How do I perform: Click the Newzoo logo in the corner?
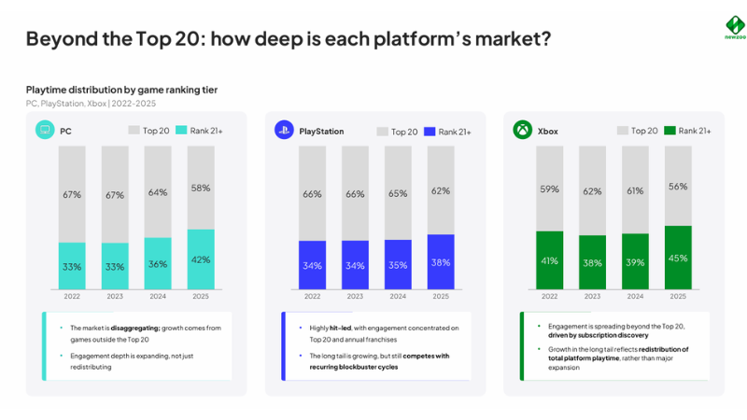735,27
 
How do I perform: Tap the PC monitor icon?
45,130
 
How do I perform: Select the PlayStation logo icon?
284,130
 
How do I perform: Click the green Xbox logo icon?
523,130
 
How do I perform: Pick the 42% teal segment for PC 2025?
201,259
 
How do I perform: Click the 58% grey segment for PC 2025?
201,188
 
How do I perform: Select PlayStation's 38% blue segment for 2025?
441,262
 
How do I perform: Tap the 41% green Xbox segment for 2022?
549,260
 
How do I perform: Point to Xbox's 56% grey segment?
678,186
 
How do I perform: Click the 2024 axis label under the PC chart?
158,296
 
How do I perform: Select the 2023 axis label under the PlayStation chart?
355,296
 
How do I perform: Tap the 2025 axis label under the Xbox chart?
678,296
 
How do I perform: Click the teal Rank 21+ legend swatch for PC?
181,130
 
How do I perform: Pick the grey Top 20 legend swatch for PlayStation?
382,132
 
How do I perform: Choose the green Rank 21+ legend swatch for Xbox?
669,131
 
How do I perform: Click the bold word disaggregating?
135,329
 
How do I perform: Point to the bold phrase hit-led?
340,329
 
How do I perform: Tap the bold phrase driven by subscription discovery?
598,335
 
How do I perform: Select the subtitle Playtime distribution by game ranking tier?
121,90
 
